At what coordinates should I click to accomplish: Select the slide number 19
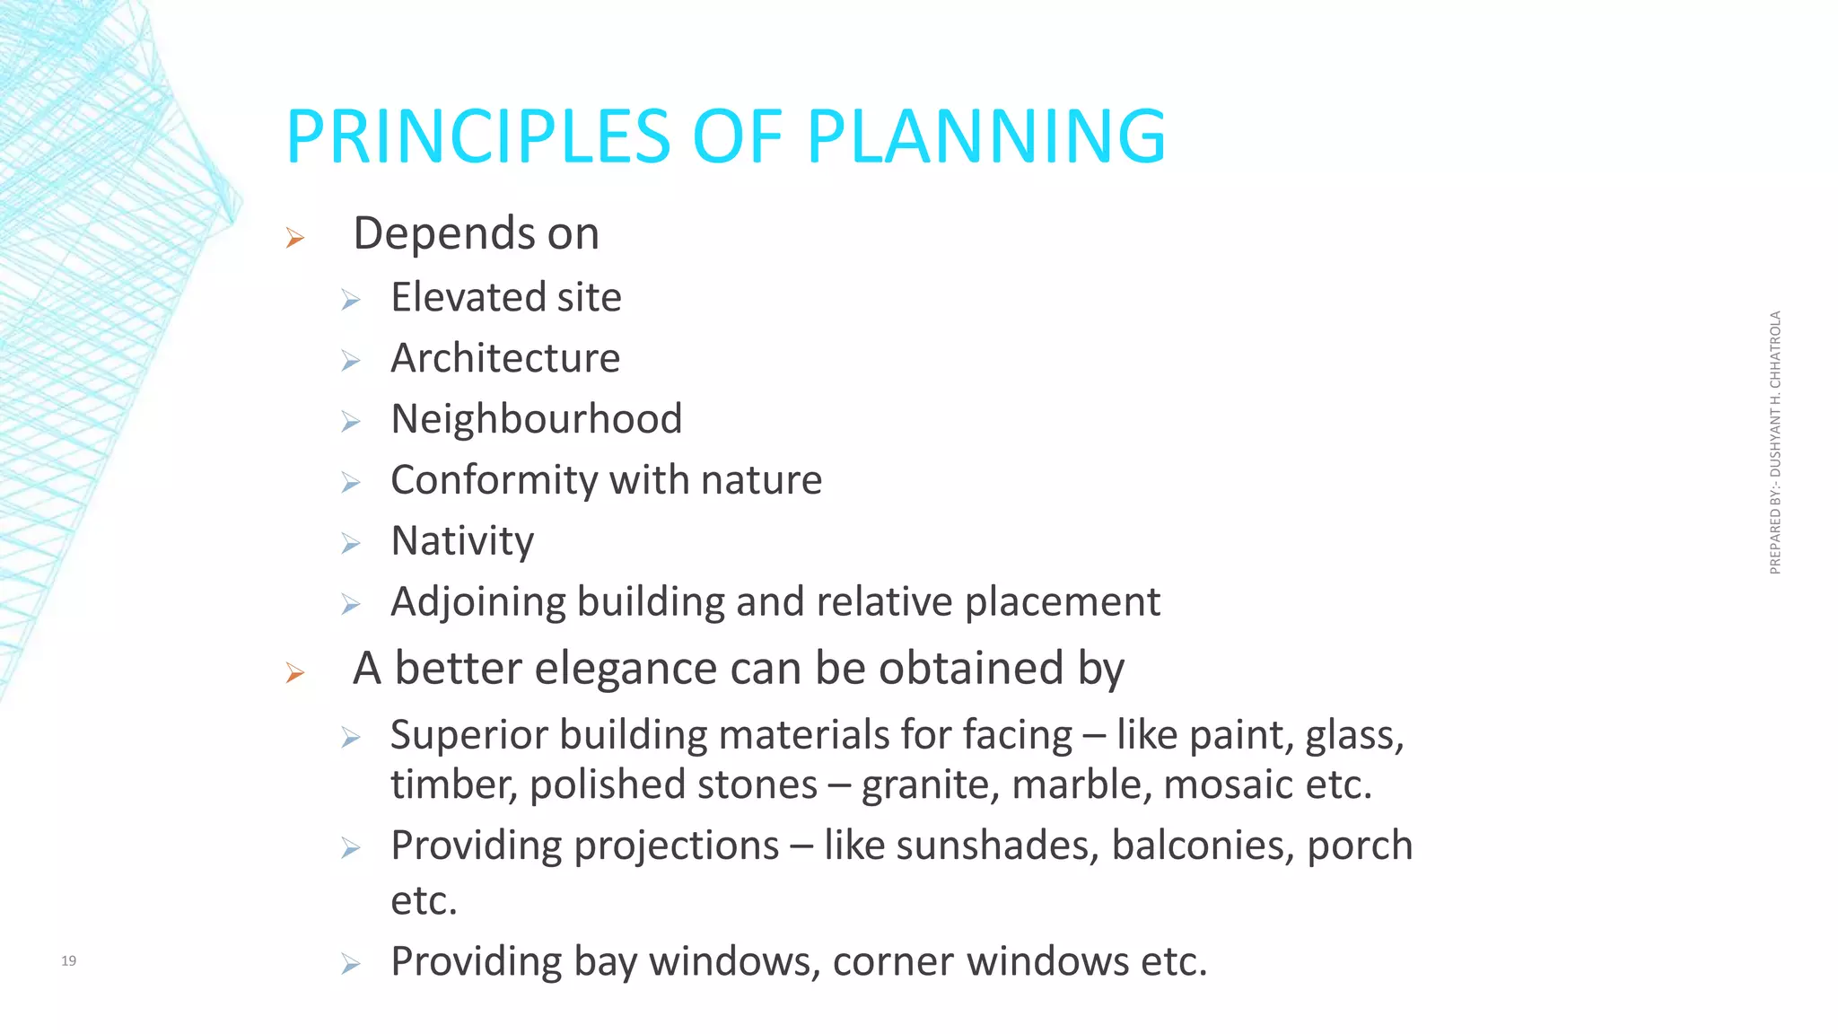(68, 960)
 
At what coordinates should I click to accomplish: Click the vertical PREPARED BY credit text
(1775, 443)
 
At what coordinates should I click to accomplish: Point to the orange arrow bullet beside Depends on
(295, 238)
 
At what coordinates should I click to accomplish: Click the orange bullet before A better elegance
(295, 672)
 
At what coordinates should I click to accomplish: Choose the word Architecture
(505, 358)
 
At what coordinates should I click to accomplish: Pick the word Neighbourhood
(537, 419)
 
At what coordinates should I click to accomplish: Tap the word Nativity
(462, 541)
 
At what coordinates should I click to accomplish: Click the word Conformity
(495, 480)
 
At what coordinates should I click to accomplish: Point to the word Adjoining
(477, 602)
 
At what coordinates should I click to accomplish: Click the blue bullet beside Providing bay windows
(351, 965)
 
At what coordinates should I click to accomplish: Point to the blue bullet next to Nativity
(351, 544)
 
